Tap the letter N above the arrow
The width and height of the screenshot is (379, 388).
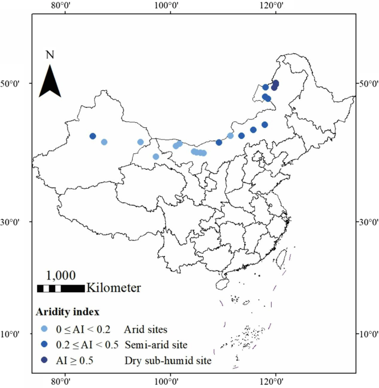click(x=50, y=54)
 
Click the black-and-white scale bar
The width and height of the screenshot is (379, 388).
click(x=61, y=288)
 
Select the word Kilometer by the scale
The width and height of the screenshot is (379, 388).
click(x=113, y=288)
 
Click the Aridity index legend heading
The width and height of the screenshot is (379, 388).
click(x=68, y=311)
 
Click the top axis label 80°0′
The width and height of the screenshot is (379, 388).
click(x=64, y=6)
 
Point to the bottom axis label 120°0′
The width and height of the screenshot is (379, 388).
click(x=275, y=382)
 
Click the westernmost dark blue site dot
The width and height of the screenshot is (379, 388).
click(x=93, y=136)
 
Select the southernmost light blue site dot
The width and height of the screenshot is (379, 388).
click(x=156, y=157)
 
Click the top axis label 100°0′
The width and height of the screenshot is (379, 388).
click(x=169, y=6)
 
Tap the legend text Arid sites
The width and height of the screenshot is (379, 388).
click(x=145, y=329)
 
